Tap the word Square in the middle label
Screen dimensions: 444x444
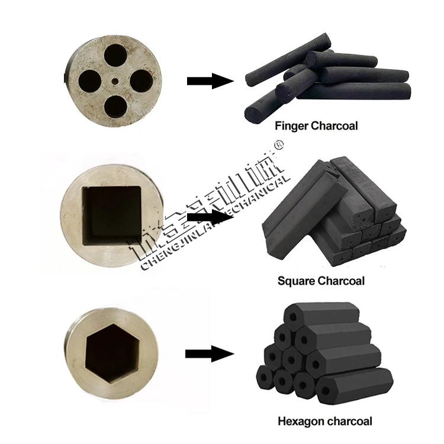pos(295,280)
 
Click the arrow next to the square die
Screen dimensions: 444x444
pos(210,217)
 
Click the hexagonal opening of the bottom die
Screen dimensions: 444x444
pos(111,353)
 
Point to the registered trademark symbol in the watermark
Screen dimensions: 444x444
pos(281,144)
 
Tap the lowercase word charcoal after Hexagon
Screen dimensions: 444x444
pos(349,422)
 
